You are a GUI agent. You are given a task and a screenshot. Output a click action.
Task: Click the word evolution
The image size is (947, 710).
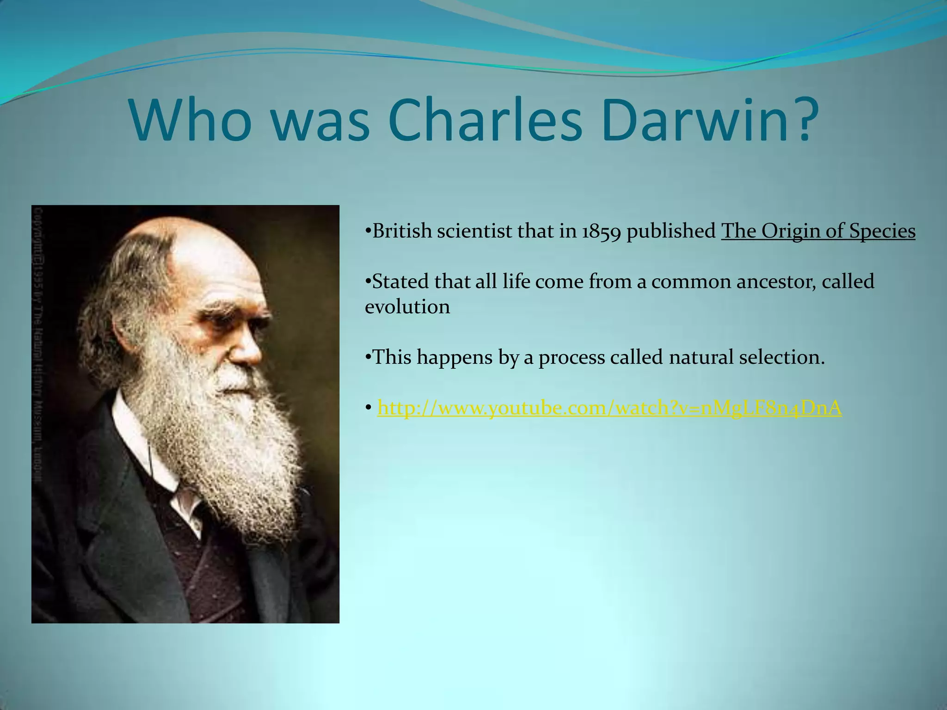coord(407,307)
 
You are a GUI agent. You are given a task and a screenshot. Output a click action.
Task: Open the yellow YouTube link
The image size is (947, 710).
coord(609,408)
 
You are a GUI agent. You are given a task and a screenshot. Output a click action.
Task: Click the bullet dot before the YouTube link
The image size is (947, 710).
coord(369,409)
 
